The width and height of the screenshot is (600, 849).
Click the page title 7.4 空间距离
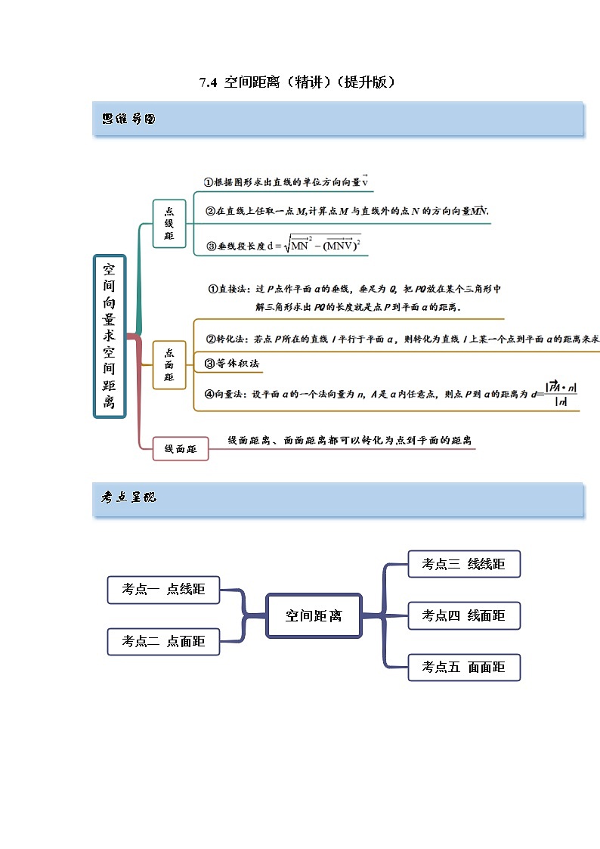(x=298, y=82)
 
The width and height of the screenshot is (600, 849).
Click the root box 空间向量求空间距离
(x=110, y=336)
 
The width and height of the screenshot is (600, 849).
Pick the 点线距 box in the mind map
(x=169, y=223)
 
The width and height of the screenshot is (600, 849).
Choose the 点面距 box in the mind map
(x=169, y=364)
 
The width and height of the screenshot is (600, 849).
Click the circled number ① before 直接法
(x=213, y=289)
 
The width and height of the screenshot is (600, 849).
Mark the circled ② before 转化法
(x=211, y=340)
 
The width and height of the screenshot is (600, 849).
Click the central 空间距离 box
(x=313, y=616)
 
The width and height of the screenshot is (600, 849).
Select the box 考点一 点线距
(x=163, y=590)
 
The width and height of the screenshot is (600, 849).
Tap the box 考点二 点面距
(x=163, y=641)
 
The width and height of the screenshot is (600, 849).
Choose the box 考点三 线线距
(x=463, y=564)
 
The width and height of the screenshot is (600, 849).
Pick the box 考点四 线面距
(x=463, y=616)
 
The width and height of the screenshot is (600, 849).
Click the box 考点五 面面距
(x=463, y=668)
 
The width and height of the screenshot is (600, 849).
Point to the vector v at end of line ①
(x=364, y=181)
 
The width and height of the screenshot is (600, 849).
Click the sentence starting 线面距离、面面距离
(x=351, y=440)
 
